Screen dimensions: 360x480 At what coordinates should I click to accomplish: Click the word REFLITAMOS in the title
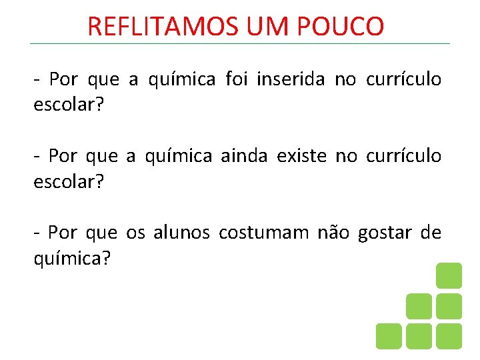(162, 27)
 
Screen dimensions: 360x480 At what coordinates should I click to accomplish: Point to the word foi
(237, 80)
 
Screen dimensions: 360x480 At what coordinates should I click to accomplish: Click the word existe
(301, 156)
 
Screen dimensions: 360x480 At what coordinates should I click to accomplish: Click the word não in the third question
(333, 233)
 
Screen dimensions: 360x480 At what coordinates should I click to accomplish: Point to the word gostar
(385, 233)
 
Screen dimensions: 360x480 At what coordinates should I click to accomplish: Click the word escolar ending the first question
(69, 105)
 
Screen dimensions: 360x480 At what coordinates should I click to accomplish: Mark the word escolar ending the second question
(69, 181)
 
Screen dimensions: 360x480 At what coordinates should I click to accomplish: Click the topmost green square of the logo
(449, 275)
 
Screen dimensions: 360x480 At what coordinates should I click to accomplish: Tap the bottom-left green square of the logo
(389, 336)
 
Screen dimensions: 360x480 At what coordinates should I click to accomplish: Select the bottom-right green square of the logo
(449, 336)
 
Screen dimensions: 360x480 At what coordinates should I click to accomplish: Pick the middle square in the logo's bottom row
(419, 336)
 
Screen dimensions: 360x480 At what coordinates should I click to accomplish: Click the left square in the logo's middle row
(419, 306)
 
